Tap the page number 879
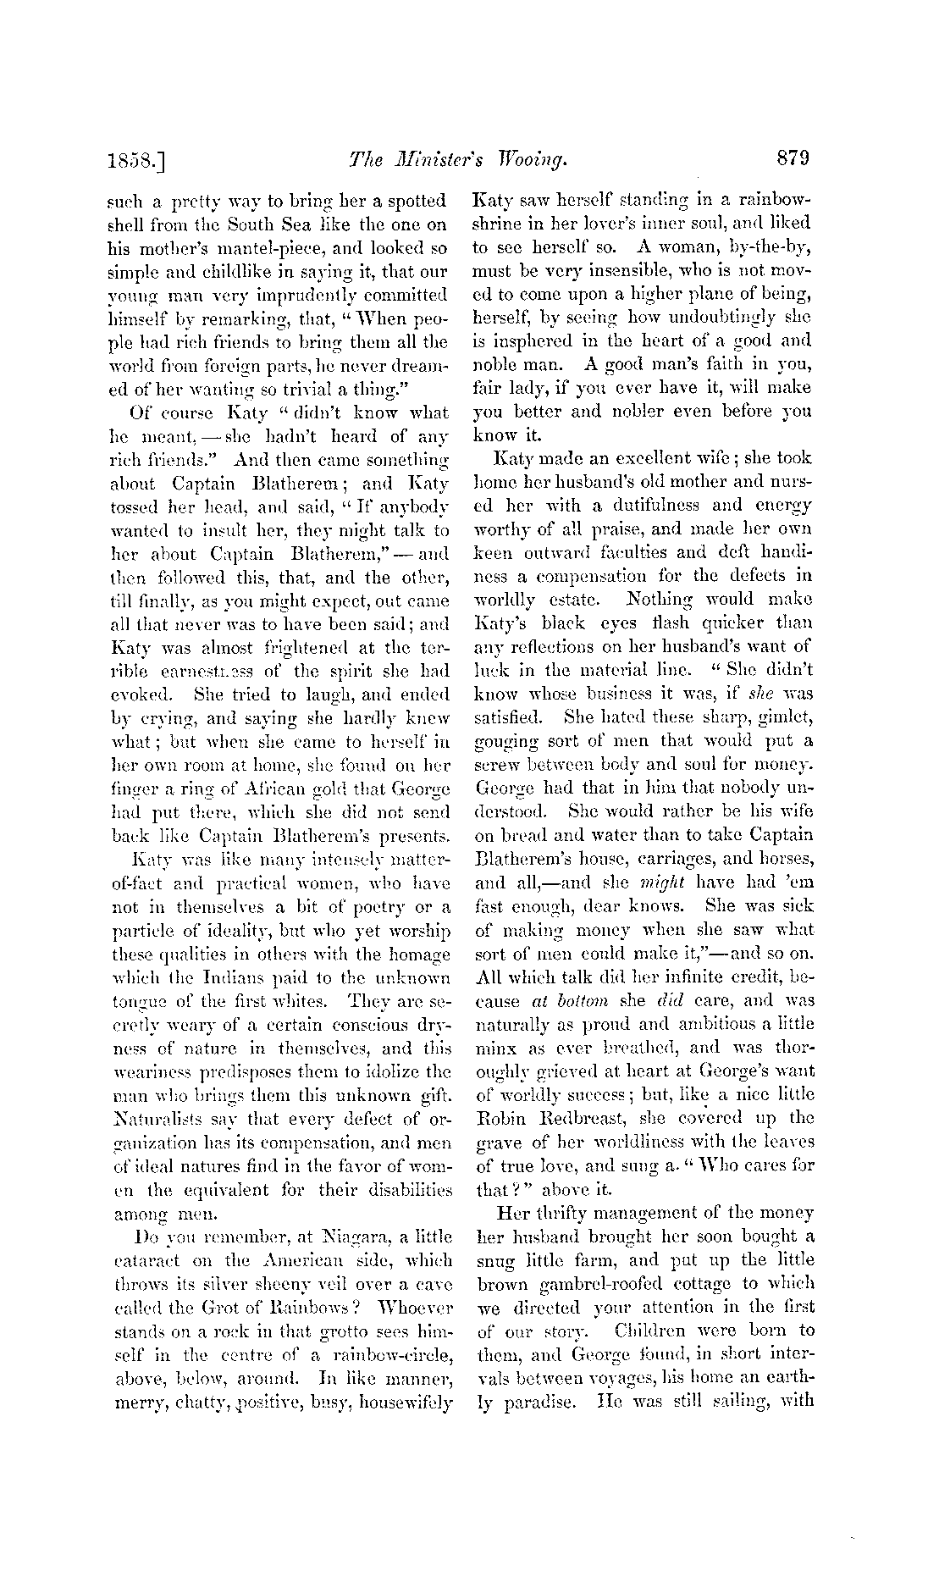point(791,157)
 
